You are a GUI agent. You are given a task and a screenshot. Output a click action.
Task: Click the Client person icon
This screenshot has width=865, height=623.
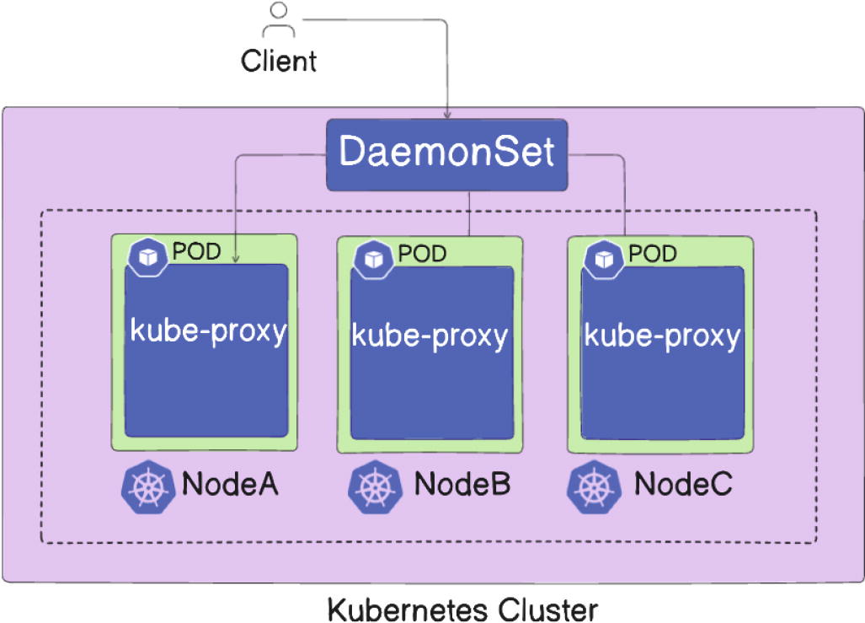pyautogui.click(x=279, y=20)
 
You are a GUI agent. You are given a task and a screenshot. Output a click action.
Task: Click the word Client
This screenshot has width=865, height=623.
pyautogui.click(x=279, y=61)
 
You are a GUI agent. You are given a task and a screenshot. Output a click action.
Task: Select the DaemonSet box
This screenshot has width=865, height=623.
pyautogui.click(x=446, y=154)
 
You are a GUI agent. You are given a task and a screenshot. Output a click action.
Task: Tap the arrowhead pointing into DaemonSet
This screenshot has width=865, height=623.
pyautogui.click(x=446, y=114)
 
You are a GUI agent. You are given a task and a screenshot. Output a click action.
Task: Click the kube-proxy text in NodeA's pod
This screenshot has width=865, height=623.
pyautogui.click(x=208, y=330)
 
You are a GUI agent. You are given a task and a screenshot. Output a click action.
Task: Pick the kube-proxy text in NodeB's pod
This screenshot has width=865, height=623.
pyautogui.click(x=430, y=335)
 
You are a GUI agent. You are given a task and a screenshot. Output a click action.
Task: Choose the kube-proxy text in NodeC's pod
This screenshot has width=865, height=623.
pyautogui.click(x=662, y=335)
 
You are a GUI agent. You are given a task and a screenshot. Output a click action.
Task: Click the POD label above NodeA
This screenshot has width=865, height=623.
pyautogui.click(x=196, y=250)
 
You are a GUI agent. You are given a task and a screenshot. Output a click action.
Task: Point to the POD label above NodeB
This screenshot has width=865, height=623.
pyautogui.click(x=422, y=252)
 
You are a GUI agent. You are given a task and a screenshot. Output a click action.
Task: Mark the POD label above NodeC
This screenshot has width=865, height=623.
pyautogui.click(x=653, y=252)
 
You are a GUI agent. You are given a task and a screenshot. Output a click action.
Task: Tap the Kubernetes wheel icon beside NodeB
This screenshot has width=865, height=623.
pyautogui.click(x=372, y=487)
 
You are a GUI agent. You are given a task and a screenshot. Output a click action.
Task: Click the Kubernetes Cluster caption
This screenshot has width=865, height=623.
pyautogui.click(x=462, y=609)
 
